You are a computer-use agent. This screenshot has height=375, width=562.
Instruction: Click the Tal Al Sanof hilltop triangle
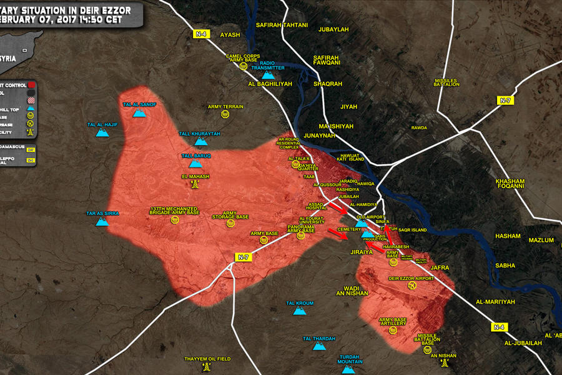(x=140, y=114)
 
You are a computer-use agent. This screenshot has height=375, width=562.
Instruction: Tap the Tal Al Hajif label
(x=102, y=124)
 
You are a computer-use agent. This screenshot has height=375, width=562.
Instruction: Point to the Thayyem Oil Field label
(x=207, y=359)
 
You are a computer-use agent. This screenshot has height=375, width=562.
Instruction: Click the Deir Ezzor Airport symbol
(x=412, y=286)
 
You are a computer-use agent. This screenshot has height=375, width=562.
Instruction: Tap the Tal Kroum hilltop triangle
(x=300, y=311)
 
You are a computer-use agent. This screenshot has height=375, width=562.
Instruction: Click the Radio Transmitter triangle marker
(x=267, y=75)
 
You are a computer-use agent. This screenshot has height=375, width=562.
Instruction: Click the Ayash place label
(x=230, y=35)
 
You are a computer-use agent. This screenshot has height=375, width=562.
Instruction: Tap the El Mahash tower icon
(x=195, y=185)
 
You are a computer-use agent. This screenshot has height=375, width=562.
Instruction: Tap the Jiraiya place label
(x=362, y=252)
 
